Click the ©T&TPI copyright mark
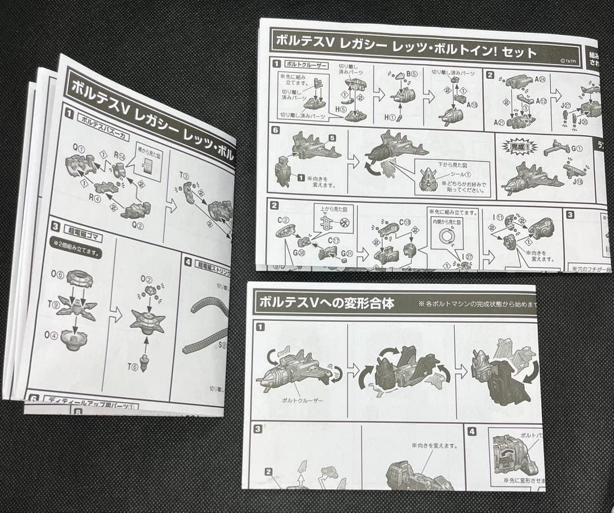(x=570, y=60)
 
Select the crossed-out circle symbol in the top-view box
(x=343, y=223)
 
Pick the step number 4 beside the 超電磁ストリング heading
(x=188, y=262)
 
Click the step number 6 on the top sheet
(x=276, y=130)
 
